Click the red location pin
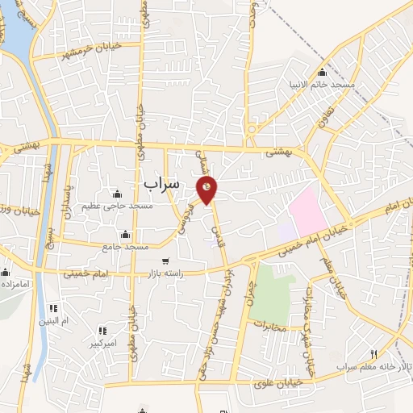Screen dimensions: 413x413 click(x=207, y=190)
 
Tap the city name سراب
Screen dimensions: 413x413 click(x=161, y=184)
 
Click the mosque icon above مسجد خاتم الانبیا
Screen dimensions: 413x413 click(x=322, y=72)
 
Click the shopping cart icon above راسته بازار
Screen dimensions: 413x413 click(x=165, y=261)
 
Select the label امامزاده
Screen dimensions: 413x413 click(x=15, y=285)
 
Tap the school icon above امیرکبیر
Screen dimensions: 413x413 click(x=102, y=331)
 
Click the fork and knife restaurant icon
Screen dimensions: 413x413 click(x=373, y=353)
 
